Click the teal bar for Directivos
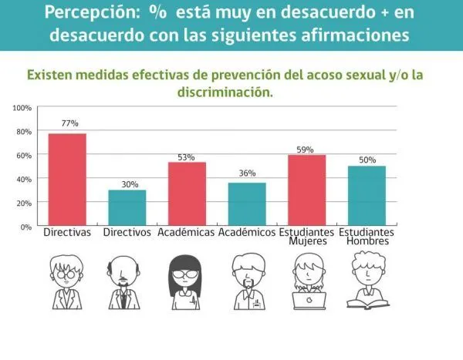click(127, 207)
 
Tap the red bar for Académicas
click(187, 193)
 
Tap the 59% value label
click(305, 150)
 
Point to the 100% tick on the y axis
click(22, 108)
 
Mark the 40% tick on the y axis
click(24, 179)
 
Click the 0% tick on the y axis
click(25, 227)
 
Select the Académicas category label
click(186, 232)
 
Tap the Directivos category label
click(127, 232)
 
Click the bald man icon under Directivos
click(126, 279)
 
